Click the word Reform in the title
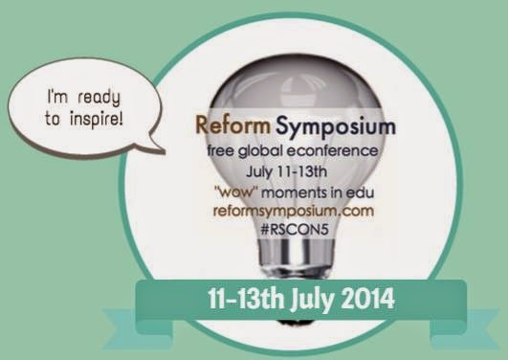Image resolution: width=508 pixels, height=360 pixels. point(232,125)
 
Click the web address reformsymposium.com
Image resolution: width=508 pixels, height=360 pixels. point(294,212)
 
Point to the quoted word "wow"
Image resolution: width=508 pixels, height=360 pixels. point(238,192)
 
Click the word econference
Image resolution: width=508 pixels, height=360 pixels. point(332,151)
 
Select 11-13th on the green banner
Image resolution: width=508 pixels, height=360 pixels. point(246,299)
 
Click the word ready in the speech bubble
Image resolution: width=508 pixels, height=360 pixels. point(99,98)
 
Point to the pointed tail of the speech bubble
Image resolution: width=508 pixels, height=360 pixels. point(165,151)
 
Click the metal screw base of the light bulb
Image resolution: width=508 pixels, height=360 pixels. point(296,259)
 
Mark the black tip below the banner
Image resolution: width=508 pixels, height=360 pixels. point(296,322)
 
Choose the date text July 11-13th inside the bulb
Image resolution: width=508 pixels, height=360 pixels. point(286,172)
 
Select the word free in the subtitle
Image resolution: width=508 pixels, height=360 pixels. point(221,151)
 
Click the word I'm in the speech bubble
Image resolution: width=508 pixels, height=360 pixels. point(57,97)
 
